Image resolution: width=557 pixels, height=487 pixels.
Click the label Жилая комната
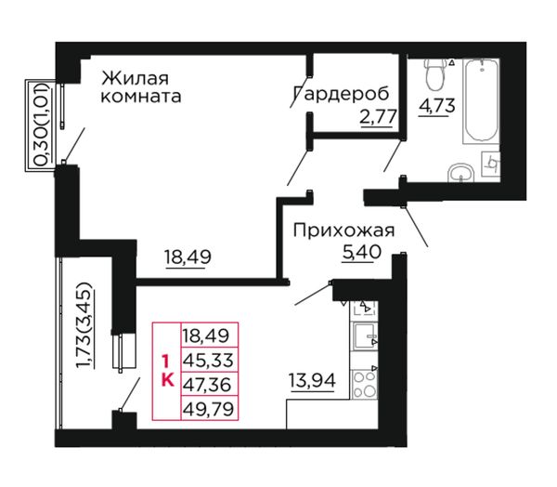[141, 87]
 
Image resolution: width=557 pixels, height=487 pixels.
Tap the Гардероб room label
[342, 94]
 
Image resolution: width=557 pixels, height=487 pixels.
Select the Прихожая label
[343, 230]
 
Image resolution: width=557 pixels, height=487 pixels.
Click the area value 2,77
[378, 116]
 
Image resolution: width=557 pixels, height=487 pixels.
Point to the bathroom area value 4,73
[437, 106]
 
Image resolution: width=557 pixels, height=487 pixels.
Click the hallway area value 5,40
[362, 252]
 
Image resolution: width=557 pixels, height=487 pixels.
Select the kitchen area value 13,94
[312, 381]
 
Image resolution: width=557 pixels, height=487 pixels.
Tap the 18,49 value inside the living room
[188, 257]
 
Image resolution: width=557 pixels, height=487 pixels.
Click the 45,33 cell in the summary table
[209, 360]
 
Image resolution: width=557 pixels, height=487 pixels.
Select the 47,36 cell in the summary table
[209, 384]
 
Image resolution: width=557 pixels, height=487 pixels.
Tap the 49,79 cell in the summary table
[209, 408]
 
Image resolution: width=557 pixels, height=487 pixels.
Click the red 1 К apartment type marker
[167, 371]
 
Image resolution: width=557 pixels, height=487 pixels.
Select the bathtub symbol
[481, 101]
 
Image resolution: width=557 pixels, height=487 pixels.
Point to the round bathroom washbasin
[461, 173]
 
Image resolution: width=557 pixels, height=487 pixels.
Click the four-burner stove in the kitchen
[364, 384]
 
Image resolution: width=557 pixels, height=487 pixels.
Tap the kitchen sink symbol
[364, 336]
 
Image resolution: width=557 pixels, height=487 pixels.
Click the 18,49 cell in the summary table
[209, 336]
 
